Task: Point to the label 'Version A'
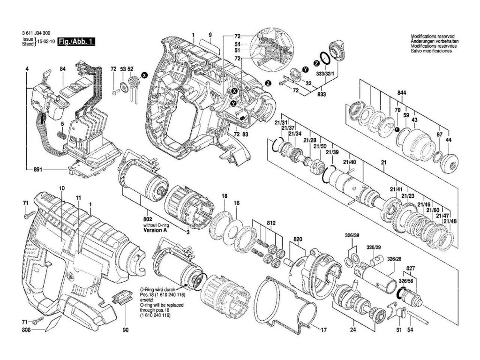[155, 231]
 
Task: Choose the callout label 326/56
[406, 281]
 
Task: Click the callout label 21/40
[350, 162]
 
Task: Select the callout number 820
[298, 239]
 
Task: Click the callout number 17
[323, 330]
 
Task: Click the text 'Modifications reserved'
[432, 37]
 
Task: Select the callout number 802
[149, 219]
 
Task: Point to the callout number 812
[271, 222]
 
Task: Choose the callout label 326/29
[374, 247]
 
